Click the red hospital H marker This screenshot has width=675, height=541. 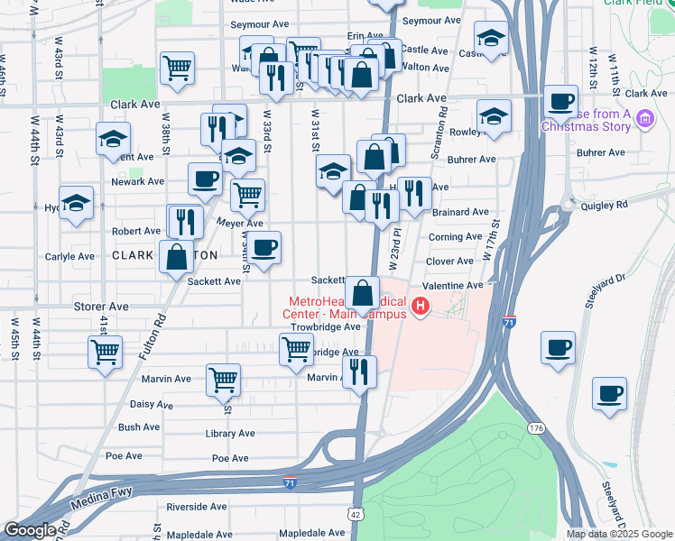click(420, 307)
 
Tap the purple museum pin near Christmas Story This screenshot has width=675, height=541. click(644, 118)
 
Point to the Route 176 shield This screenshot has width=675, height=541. click(537, 427)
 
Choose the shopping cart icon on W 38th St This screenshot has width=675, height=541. click(178, 67)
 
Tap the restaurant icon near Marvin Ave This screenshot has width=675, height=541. click(360, 371)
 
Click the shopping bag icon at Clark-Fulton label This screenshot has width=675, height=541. click(176, 256)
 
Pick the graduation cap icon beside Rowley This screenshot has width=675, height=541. click(494, 116)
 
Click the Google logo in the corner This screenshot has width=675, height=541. click(30, 530)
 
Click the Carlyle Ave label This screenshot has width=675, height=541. click(69, 256)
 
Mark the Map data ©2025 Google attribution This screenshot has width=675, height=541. click(619, 534)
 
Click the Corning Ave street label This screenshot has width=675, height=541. click(455, 237)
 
